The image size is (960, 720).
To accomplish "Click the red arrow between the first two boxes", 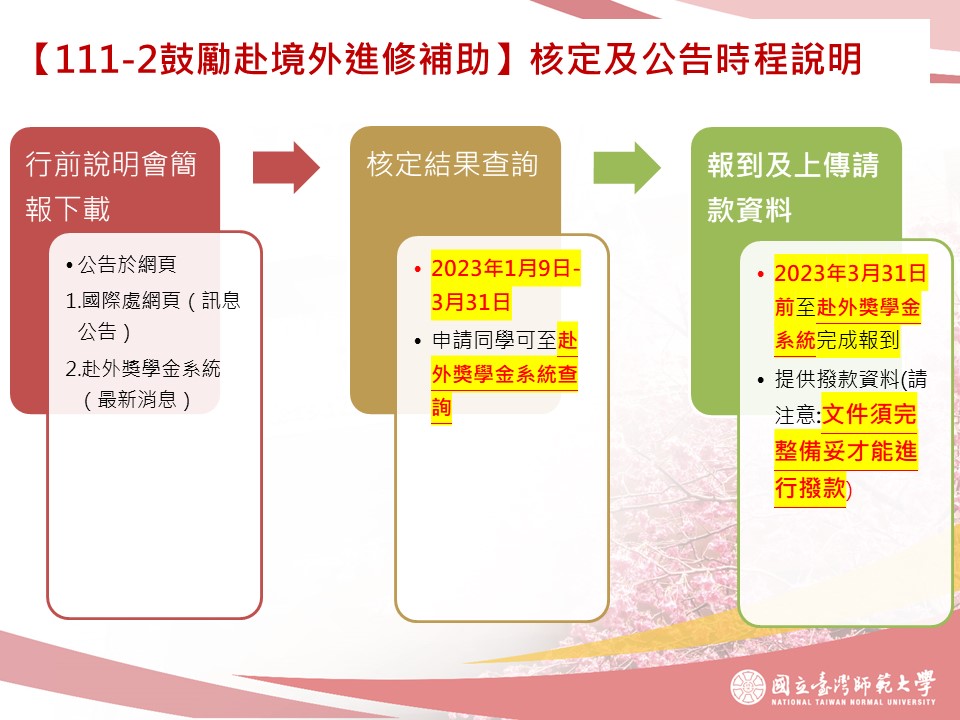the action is coord(286,167).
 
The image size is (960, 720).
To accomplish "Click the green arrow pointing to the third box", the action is coord(627,167).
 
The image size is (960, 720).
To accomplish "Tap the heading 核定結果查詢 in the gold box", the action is coord(452,164).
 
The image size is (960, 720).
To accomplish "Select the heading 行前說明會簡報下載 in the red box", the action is coord(111,186).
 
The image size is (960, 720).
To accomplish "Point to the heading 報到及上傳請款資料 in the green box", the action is coord(793,187).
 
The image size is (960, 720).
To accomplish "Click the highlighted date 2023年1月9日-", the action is coord(506,268).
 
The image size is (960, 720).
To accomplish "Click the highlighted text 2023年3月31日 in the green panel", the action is coord(850,272).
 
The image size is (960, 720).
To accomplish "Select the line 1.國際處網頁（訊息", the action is coord(153,300).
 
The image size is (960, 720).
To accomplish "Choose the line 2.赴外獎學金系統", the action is coord(143,368).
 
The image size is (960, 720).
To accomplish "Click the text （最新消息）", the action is coord(137,400).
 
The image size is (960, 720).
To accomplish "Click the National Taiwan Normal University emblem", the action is coord(748,687).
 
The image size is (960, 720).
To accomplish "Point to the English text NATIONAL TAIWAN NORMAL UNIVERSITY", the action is coord(853,702).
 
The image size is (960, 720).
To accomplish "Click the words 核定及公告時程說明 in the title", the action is coord(696,59).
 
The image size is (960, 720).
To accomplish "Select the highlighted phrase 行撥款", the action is coord(810,488).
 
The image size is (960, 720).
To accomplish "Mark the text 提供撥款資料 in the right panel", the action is coord(837,379).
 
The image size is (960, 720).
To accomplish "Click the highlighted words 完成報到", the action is coord(857,340).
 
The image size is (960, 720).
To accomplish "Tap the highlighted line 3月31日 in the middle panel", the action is coord(471,302).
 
